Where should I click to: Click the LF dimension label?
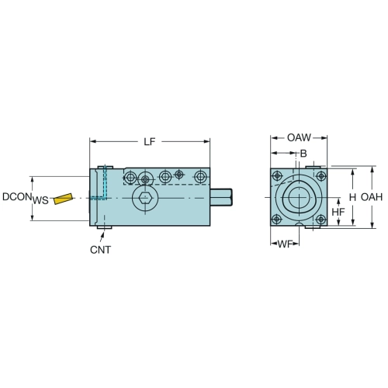coord(150,142)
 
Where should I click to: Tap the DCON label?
coord(17,197)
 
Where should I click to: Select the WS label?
coord(40,200)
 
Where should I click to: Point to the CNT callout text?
coord(100,250)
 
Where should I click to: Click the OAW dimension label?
coord(299,137)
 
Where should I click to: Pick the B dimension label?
coord(303,154)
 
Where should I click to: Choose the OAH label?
coord(372,197)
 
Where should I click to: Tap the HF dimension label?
coord(338,212)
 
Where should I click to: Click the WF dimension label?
coord(285,244)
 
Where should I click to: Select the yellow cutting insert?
coord(63,199)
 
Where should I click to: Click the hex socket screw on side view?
coord(145,199)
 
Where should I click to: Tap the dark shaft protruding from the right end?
coord(221,197)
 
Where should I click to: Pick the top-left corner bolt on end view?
coord(277,176)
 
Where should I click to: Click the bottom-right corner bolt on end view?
coord(320,220)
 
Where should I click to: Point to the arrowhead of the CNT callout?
coord(102,234)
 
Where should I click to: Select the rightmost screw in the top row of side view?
coord(200,177)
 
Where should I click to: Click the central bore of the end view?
coord(299,198)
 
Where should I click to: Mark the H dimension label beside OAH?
coord(352,197)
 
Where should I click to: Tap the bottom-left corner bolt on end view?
coord(277,220)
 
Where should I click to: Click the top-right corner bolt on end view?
coord(321,176)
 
